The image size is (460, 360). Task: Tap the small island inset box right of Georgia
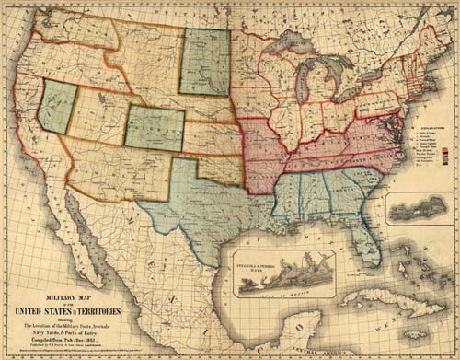pos(419,209)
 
